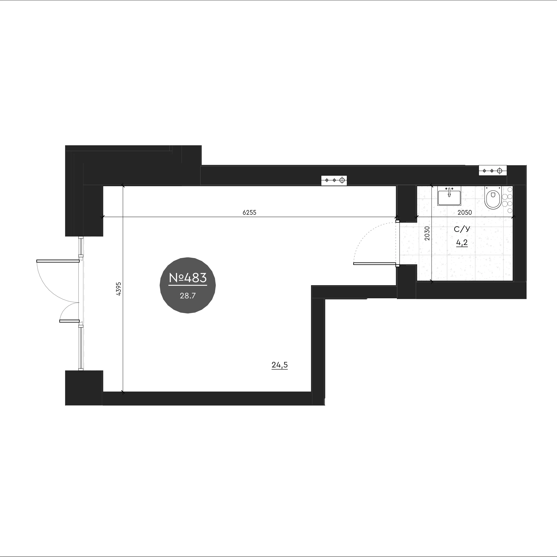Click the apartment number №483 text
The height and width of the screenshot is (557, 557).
tap(188, 278)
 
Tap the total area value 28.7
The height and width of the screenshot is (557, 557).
tap(188, 295)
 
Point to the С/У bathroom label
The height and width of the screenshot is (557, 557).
tap(462, 229)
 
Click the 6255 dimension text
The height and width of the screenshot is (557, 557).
tap(249, 213)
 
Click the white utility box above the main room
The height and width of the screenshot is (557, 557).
tap(334, 180)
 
